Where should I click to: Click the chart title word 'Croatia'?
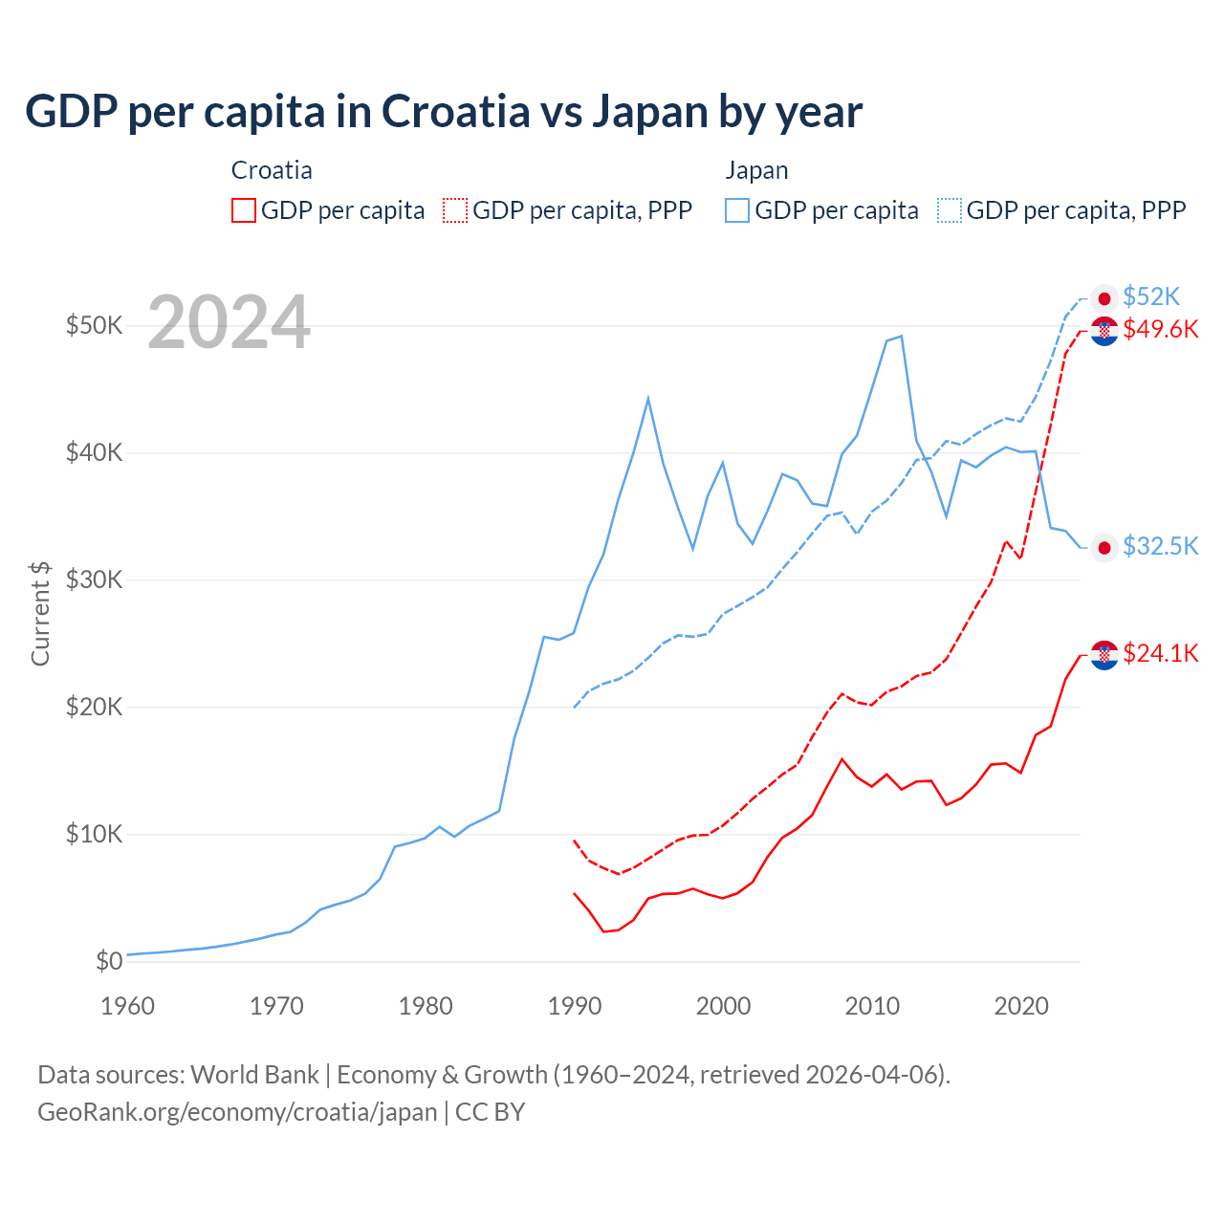[455, 112]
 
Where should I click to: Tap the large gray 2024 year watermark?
[229, 323]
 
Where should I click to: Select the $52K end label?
[1151, 296]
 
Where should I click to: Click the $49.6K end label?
[1160, 329]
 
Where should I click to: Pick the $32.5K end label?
[1160, 546]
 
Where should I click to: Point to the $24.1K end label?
[1160, 653]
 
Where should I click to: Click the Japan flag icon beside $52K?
[1104, 298]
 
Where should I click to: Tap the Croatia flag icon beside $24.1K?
[1104, 655]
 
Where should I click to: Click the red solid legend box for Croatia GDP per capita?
[244, 210]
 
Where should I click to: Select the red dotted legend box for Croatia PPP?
[455, 210]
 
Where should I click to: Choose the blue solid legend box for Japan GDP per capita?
[737, 210]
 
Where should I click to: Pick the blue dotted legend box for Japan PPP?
[950, 210]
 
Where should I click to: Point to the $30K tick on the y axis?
[94, 579]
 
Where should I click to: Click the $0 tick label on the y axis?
[109, 961]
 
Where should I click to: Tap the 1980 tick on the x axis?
[426, 1006]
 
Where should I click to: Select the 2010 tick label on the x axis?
[872, 1006]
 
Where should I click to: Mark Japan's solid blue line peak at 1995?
[648, 398]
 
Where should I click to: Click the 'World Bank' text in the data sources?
[254, 1075]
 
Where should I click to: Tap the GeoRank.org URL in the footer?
[237, 1112]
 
